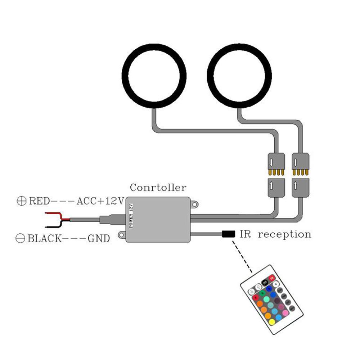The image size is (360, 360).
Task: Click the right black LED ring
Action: tap(210, 76)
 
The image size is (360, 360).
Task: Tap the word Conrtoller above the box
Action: tap(158, 188)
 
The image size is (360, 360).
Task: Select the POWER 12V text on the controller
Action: tap(131, 215)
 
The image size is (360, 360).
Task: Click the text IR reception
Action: tap(275, 234)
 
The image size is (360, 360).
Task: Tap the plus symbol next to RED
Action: tap(22, 201)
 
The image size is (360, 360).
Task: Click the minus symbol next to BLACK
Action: tap(21, 238)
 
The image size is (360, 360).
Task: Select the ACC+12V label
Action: tap(100, 201)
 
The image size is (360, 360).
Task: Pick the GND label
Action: tap(99, 238)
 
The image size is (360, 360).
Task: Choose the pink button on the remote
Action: tap(285, 313)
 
